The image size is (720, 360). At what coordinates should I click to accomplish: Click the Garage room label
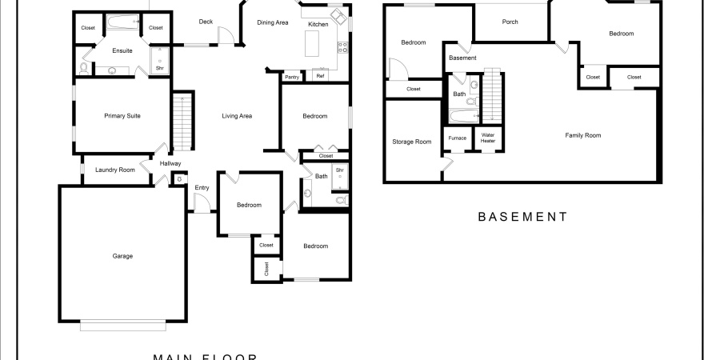[122, 256]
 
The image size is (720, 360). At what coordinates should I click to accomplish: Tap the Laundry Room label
[115, 170]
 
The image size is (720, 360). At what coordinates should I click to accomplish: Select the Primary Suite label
[122, 116]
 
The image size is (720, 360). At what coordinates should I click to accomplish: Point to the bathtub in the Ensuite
[122, 21]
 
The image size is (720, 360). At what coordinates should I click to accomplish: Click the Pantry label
[292, 77]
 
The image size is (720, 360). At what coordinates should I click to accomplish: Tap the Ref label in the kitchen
[321, 76]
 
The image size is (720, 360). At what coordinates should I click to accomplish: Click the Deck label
[206, 22]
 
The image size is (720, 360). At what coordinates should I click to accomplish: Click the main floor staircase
[182, 122]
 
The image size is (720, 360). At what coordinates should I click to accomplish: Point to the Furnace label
[458, 138]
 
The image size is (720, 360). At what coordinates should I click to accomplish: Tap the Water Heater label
[488, 138]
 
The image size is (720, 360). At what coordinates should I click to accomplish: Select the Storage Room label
[412, 142]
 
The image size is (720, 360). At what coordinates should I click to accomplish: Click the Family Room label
[582, 135]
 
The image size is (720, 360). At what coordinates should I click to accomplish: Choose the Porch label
[510, 22]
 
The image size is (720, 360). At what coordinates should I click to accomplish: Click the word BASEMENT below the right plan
[523, 217]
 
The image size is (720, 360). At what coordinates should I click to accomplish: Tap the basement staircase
[492, 95]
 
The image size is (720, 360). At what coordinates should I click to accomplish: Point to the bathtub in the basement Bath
[464, 116]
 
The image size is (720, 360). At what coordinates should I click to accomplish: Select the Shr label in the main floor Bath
[340, 170]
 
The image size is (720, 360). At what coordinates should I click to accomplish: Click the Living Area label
[237, 116]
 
